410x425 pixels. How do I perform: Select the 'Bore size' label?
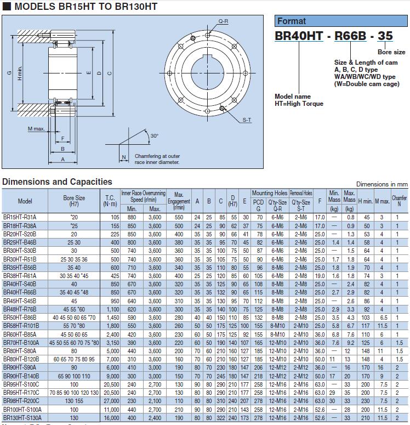391,52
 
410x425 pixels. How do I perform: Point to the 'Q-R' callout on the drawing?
223,21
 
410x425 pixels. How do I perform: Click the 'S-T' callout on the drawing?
247,120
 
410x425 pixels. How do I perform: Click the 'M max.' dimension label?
37,128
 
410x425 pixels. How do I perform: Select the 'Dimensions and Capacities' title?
57,182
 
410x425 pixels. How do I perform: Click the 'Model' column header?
25,201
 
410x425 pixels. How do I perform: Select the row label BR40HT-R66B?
20,293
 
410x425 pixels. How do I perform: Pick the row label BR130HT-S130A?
21,418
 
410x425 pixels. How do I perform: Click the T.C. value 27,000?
111,401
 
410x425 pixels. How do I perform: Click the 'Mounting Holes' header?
270,193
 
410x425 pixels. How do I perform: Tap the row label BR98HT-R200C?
21,401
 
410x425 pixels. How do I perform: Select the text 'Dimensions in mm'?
382,184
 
